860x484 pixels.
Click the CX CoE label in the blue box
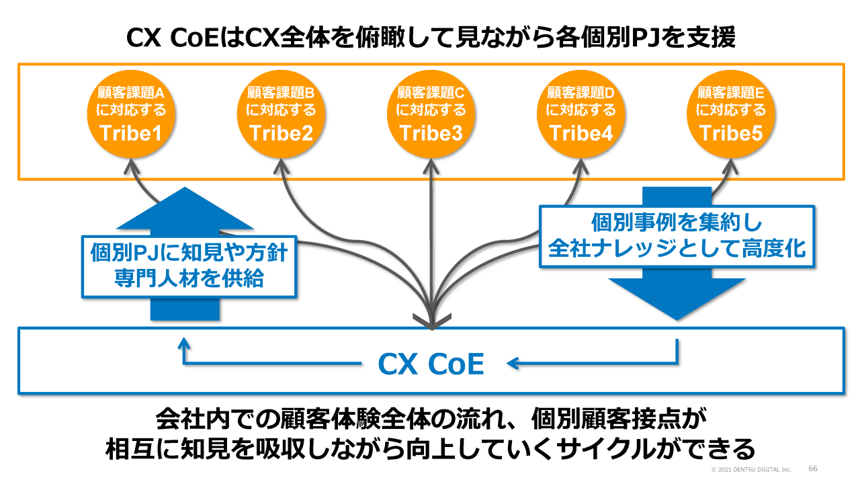point(431,364)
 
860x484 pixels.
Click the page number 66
point(812,468)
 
